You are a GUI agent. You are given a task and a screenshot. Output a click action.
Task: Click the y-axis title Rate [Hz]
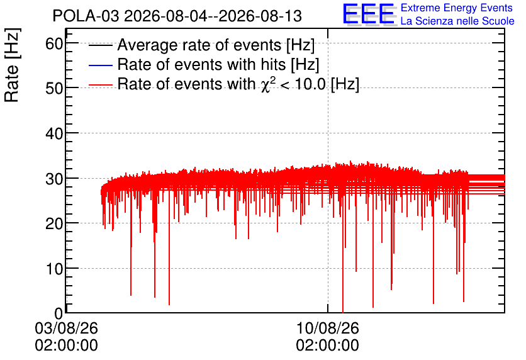13,65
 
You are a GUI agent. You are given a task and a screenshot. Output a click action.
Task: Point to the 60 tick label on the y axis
54,43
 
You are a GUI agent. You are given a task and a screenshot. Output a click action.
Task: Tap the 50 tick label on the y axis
54,89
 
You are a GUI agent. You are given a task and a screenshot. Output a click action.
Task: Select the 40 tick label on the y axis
54,134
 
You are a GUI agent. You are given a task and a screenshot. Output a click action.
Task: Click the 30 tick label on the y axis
54,179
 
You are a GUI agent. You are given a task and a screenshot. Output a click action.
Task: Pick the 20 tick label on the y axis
54,224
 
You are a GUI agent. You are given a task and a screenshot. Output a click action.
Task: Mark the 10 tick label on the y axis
54,269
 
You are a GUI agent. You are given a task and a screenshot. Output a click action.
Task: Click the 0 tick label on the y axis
59,313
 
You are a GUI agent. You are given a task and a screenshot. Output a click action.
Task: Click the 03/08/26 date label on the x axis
67,328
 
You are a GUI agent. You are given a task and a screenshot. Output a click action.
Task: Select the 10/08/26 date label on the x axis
327,328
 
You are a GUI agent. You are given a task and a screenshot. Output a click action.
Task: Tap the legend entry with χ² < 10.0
238,84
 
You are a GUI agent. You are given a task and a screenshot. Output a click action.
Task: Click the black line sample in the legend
100,45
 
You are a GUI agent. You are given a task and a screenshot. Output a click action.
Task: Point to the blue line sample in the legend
100,65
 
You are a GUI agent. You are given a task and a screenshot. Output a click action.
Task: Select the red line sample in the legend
100,84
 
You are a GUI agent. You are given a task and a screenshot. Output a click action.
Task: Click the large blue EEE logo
369,14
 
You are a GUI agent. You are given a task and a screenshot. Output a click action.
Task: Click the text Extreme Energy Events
457,8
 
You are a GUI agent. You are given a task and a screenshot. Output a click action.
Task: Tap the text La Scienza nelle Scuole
457,21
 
